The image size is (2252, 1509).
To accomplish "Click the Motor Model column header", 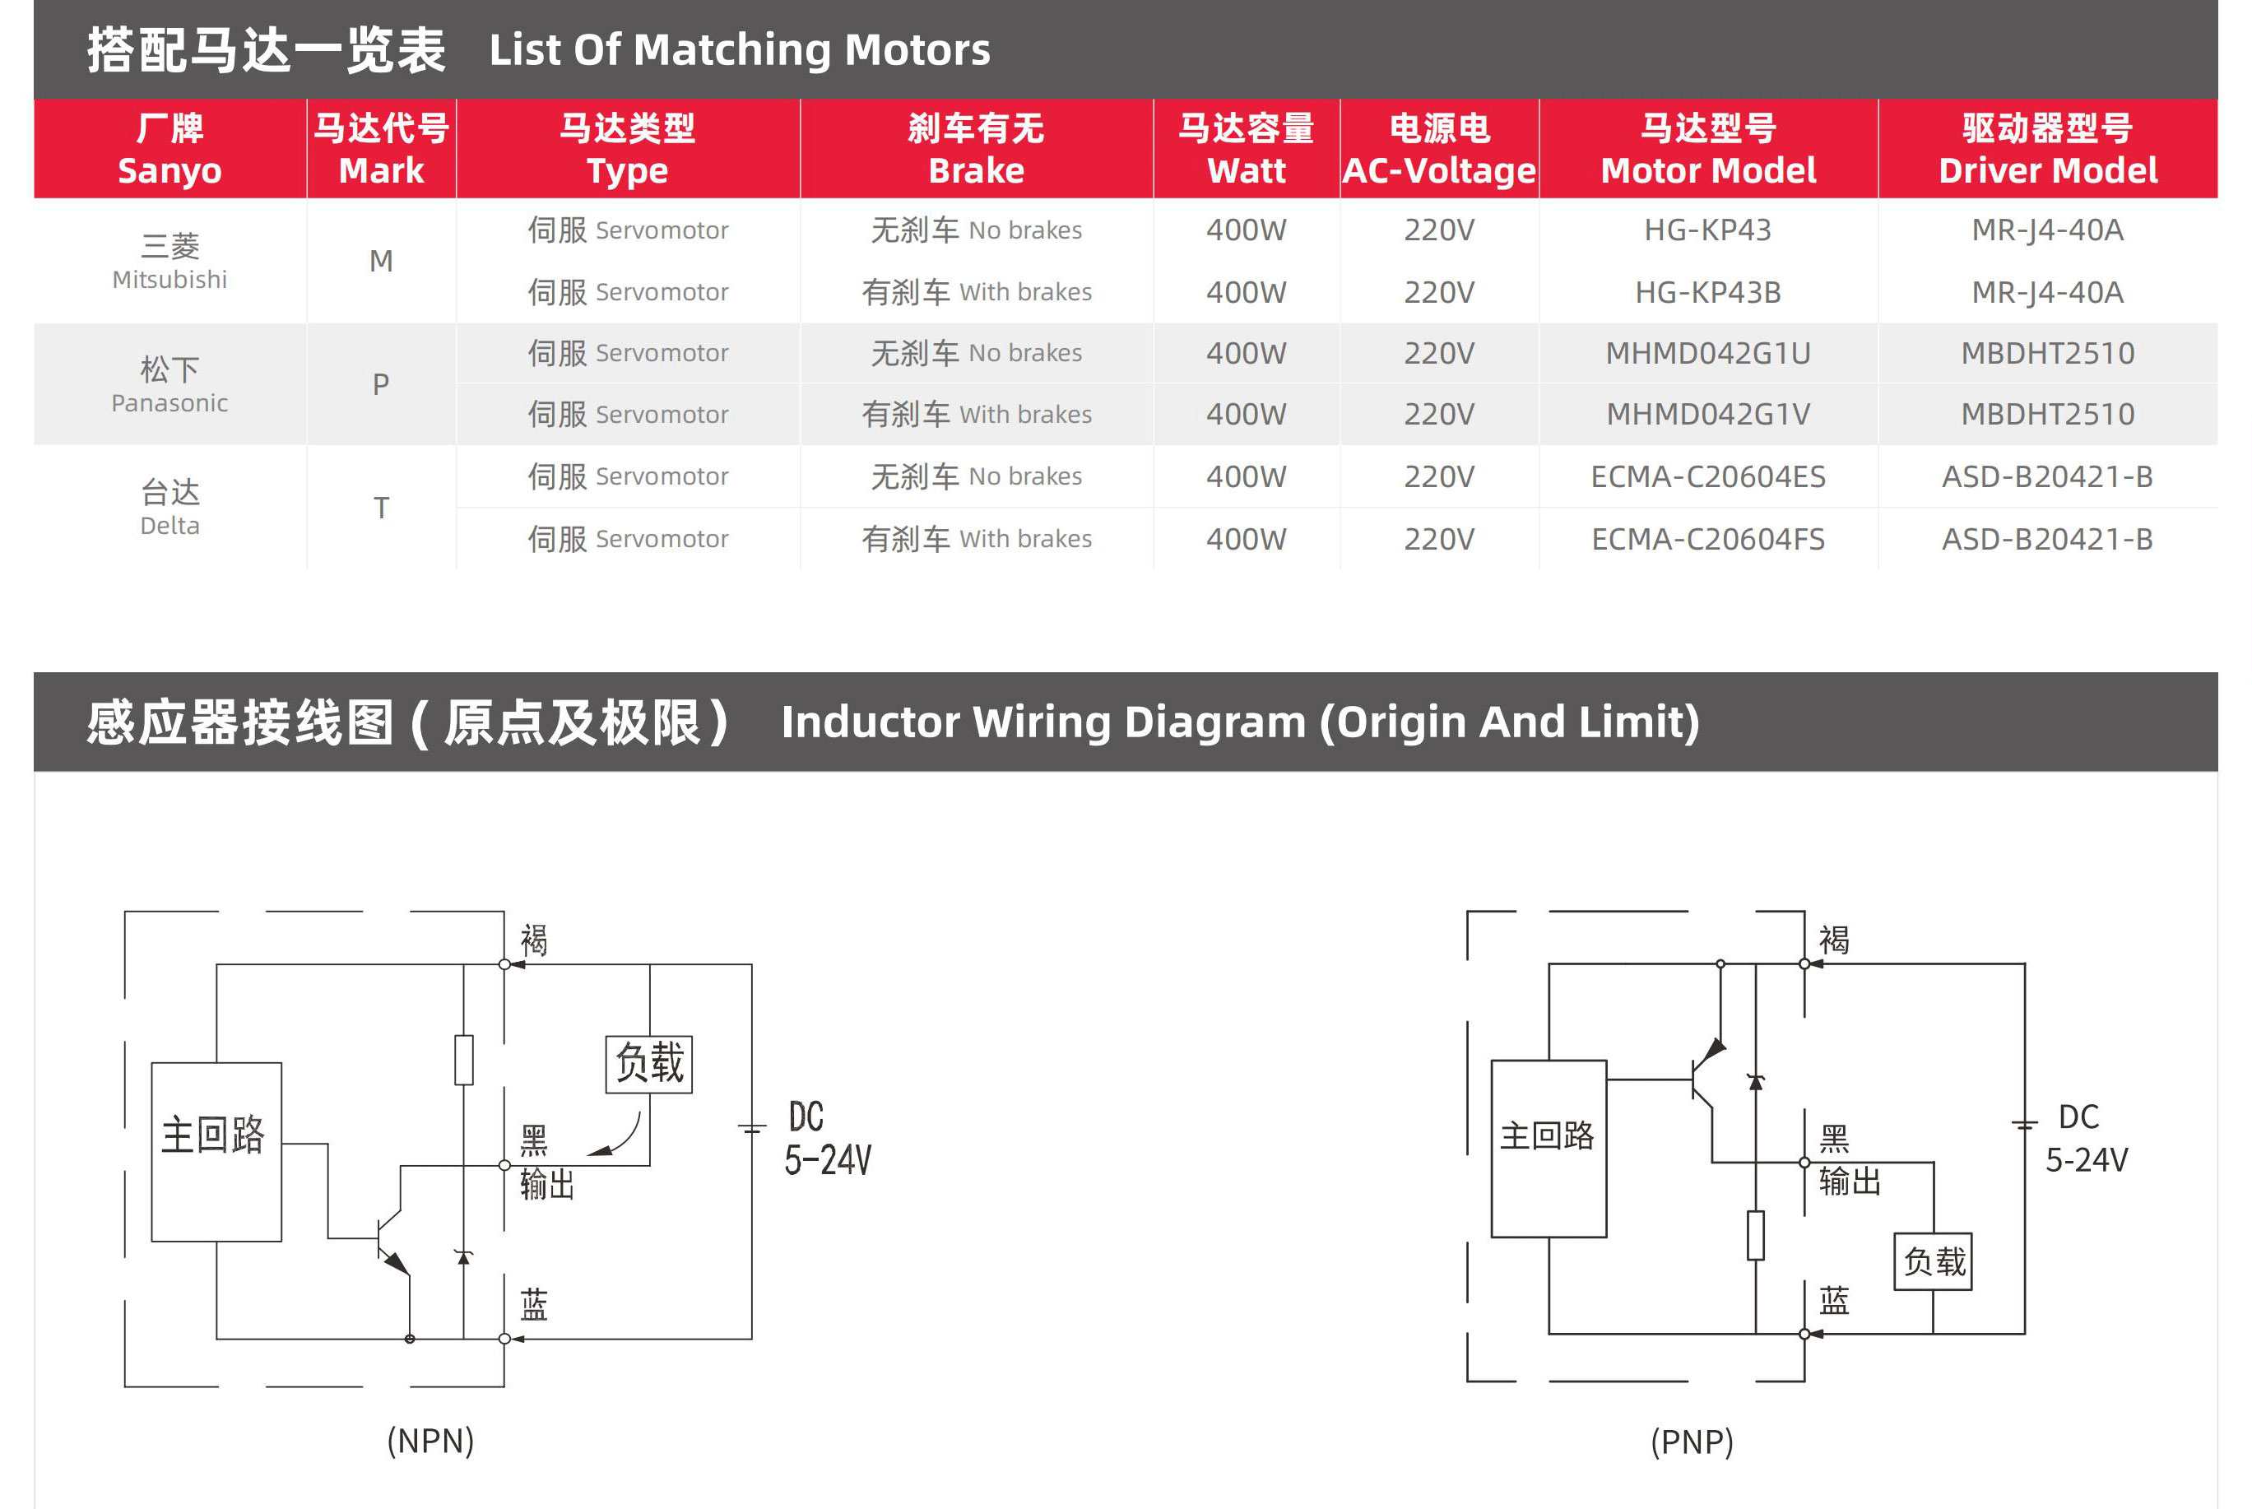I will click(1707, 149).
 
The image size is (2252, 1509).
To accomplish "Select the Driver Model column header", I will click(2047, 149).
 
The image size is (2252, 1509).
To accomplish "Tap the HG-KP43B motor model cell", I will click(1707, 291).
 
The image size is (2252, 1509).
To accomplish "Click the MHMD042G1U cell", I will click(1707, 353).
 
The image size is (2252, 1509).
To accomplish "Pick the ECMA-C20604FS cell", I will click(1707, 539).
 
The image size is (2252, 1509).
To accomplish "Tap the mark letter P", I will click(381, 385).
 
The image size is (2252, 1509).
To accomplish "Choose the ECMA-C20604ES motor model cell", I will click(1707, 476).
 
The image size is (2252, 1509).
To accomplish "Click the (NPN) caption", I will click(430, 1441).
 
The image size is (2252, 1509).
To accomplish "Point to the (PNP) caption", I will click(1692, 1442).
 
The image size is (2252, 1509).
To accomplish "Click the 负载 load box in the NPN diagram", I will click(648, 1063).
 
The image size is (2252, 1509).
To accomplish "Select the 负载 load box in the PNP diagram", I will click(1933, 1261).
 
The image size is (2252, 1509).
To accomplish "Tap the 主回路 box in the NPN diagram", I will click(216, 1151).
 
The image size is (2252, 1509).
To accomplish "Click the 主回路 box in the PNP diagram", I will click(1548, 1148).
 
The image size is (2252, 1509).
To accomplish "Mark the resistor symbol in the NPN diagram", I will click(464, 1060).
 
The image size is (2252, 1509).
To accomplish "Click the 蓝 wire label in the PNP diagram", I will click(1833, 1301).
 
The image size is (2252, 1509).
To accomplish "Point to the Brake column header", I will click(976, 149).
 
